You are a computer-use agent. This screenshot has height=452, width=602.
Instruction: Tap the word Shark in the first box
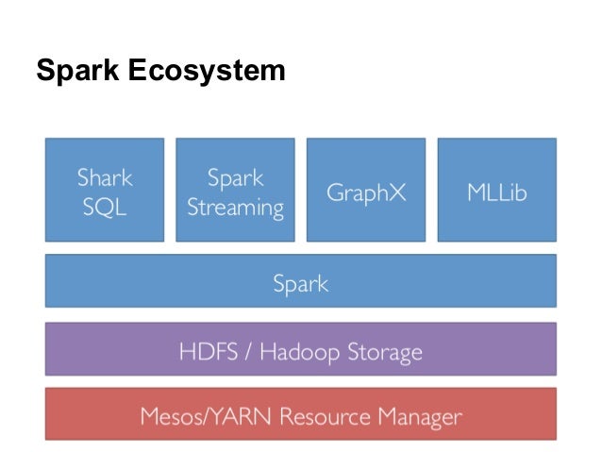[105, 178]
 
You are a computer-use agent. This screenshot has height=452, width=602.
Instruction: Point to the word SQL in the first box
[105, 207]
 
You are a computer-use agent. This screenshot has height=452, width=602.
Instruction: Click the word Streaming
[235, 207]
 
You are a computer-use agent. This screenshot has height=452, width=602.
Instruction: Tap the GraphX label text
[365, 193]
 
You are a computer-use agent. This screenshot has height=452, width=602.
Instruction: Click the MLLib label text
[496, 193]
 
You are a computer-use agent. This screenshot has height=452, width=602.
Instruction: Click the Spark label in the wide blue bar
[300, 281]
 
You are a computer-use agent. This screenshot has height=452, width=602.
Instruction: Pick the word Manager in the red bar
[410, 415]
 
